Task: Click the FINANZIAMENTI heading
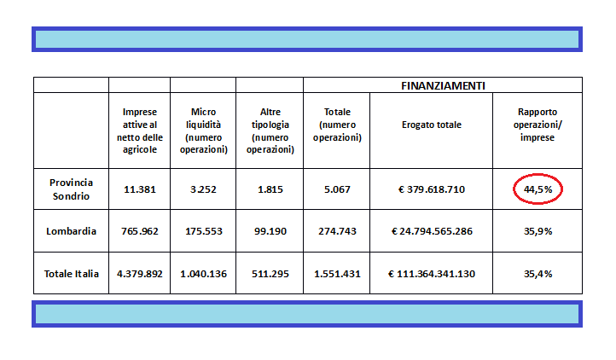click(443, 85)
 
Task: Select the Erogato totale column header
click(432, 125)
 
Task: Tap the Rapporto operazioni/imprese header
click(538, 125)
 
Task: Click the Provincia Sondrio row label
click(71, 189)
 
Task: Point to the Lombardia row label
click(71, 231)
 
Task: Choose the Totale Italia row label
click(71, 274)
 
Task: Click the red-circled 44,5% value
click(538, 189)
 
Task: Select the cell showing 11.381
click(140, 189)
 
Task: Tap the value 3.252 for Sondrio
click(203, 189)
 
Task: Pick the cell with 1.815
click(270, 189)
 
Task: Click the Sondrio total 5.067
click(337, 189)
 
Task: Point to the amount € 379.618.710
click(432, 189)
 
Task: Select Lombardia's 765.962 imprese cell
click(140, 231)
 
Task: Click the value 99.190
click(270, 231)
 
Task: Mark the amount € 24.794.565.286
click(432, 231)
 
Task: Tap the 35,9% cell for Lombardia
click(538, 231)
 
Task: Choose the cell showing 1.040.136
click(204, 274)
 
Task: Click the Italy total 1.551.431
click(337, 274)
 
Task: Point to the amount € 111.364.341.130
click(432, 274)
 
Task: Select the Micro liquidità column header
click(204, 131)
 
